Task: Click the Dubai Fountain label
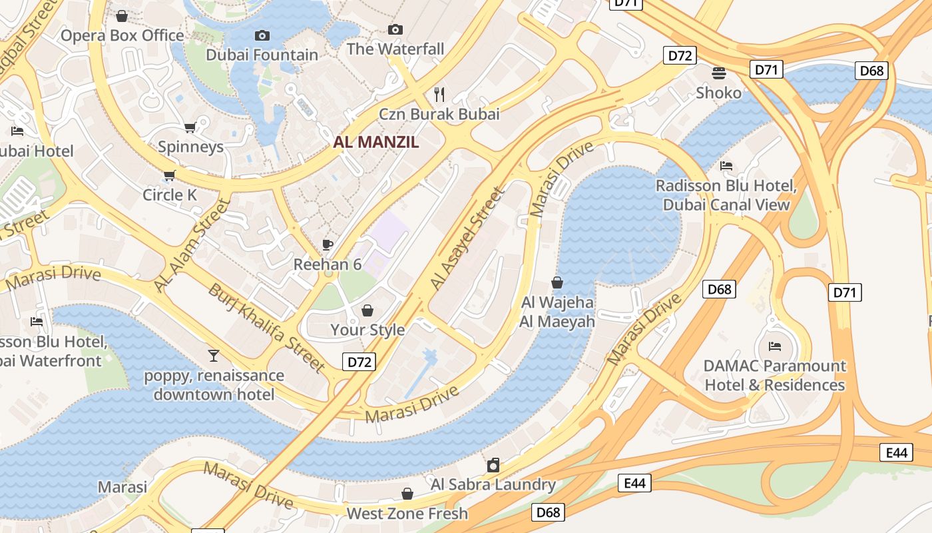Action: pos(262,55)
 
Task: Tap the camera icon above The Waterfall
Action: pos(395,29)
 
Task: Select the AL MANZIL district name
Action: pos(376,142)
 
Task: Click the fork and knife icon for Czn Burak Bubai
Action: pos(439,93)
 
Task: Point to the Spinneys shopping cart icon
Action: pos(190,127)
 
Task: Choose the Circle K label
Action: pos(170,195)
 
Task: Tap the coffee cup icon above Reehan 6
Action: pos(328,245)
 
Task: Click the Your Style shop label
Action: pos(367,330)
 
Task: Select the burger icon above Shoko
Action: pos(718,73)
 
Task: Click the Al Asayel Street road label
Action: pos(467,238)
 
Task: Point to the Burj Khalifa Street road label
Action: pos(266,328)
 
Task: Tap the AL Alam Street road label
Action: pos(192,245)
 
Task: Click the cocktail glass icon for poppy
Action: pos(214,355)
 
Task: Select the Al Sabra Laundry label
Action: pos(493,484)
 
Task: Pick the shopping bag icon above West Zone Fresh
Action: pos(407,494)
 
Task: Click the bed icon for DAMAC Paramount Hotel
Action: pos(774,346)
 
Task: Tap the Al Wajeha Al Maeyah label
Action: pos(557,312)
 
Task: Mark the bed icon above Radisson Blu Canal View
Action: pos(726,165)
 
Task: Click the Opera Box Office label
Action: pos(122,35)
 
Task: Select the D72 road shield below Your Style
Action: pos(359,362)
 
